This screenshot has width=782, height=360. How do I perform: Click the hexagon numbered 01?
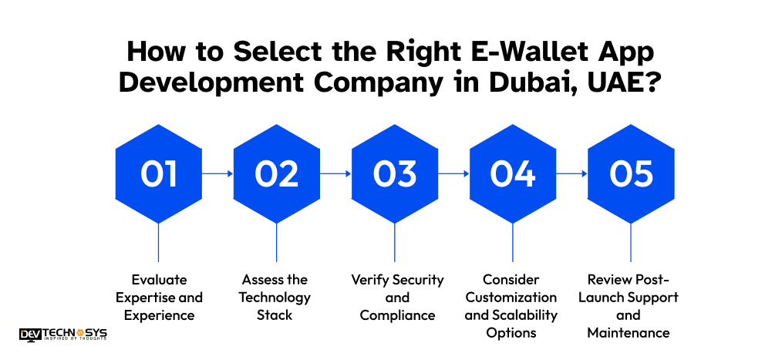point(158,174)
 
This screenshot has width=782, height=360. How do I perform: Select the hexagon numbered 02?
point(276,174)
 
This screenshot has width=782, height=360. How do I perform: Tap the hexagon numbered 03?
point(395,174)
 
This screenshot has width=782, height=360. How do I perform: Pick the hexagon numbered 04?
point(513,174)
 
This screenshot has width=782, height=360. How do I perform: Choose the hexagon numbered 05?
point(631,174)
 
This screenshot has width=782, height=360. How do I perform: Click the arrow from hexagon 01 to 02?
point(217,174)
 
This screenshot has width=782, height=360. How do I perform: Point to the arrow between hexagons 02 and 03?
point(335,174)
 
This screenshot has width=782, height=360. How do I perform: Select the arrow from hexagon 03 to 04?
point(453,174)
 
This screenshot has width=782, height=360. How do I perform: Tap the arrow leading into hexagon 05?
point(571,174)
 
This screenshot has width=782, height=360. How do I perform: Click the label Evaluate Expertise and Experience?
point(158,297)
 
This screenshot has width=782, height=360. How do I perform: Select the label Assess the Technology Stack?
point(276,297)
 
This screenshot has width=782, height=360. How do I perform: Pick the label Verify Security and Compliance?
point(395,297)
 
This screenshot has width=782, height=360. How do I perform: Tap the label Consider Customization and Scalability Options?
point(513,306)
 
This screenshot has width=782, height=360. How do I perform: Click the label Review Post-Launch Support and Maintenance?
point(631,306)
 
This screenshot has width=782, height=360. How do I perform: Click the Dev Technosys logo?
point(63,334)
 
